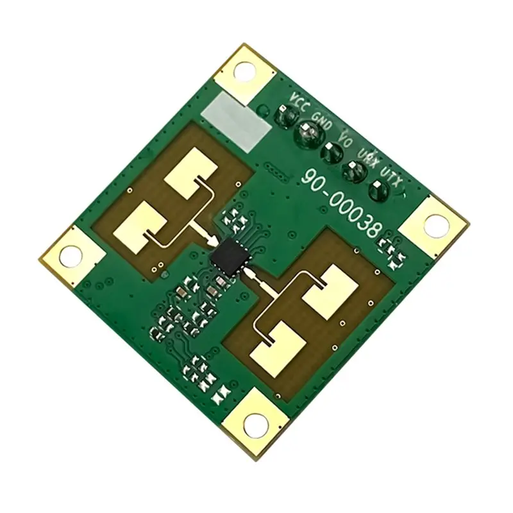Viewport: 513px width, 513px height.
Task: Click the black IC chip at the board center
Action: point(231,256)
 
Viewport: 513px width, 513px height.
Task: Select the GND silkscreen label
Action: point(323,121)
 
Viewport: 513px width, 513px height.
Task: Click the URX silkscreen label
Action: point(368,157)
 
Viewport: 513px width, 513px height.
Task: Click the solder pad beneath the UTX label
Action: point(378,190)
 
